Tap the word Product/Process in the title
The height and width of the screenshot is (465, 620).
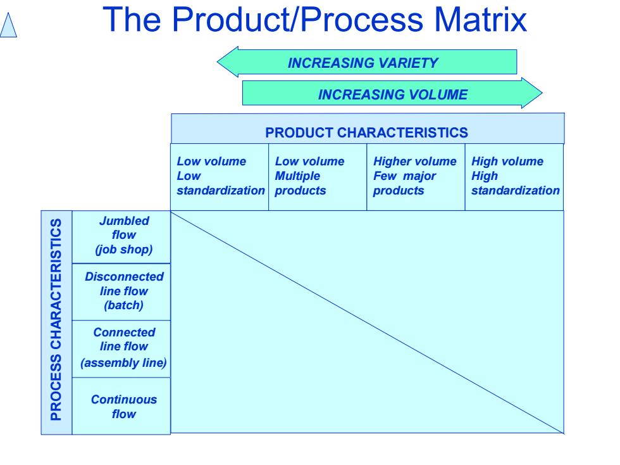[x=298, y=19]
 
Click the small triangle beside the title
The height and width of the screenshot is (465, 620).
[x=8, y=25]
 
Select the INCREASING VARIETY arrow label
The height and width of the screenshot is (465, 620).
[x=363, y=63]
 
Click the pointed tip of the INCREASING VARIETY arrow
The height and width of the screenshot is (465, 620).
[x=218, y=62]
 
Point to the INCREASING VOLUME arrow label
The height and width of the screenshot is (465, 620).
[x=393, y=94]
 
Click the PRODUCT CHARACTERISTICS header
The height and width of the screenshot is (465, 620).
[x=366, y=132]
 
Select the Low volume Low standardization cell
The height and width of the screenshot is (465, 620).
[x=220, y=177]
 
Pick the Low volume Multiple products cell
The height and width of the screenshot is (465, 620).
[x=318, y=177]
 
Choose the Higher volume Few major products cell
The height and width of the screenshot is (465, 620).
[x=416, y=177]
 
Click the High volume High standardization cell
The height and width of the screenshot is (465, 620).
[x=514, y=177]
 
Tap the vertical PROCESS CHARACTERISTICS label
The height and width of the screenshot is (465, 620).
[x=56, y=319]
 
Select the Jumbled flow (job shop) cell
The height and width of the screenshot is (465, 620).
[x=121, y=237]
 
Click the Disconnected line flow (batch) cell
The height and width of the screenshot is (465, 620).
[x=121, y=291]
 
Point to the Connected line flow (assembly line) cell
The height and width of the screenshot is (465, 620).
[x=121, y=348]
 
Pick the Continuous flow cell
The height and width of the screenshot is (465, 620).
[x=121, y=406]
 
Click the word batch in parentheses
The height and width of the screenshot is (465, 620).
[x=124, y=305]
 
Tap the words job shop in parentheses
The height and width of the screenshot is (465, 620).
[x=124, y=250]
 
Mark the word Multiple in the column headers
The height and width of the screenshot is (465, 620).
[x=297, y=176]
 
